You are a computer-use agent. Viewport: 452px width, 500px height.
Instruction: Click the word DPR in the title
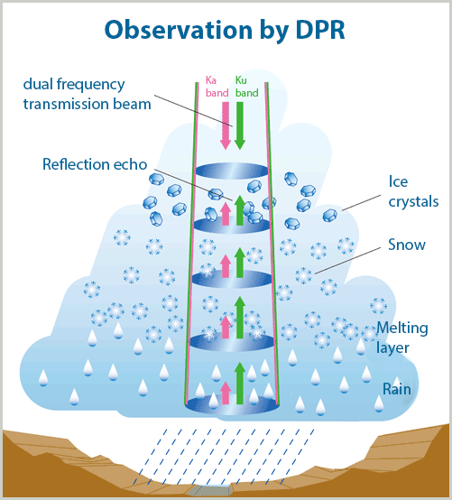pos(320,30)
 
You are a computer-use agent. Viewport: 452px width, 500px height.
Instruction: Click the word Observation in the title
pos(179,30)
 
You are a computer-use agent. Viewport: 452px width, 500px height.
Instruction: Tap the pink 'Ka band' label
pos(217,87)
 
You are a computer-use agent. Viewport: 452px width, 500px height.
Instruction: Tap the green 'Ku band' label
pos(246,87)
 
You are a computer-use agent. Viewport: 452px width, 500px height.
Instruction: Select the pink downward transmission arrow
pos(226,125)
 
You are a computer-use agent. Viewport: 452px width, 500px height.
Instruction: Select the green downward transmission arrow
pos(240,125)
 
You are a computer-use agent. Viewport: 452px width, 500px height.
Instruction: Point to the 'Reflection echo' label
pos(95,164)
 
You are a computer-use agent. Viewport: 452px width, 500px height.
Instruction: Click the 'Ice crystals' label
pos(413,191)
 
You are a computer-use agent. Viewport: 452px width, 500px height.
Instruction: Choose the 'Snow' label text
pos(407,245)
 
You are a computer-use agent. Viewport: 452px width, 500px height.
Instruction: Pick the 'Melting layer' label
pos(402,338)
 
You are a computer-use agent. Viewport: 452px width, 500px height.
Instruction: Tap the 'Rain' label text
pos(397,389)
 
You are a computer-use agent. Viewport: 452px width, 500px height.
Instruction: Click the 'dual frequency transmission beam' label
pos(87,94)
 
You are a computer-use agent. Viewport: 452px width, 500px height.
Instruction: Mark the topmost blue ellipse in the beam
pos(232,171)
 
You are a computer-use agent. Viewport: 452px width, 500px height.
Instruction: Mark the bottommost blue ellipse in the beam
pos(233,405)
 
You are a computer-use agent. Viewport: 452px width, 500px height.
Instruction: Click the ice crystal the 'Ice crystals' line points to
pos(330,216)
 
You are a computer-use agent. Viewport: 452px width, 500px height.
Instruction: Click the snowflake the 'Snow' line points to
pos(303,275)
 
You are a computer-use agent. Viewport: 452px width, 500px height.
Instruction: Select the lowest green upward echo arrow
pos(240,383)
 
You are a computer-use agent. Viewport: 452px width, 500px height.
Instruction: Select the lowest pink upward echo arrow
pos(226,393)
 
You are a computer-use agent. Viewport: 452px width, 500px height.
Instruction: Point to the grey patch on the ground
pos(208,490)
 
